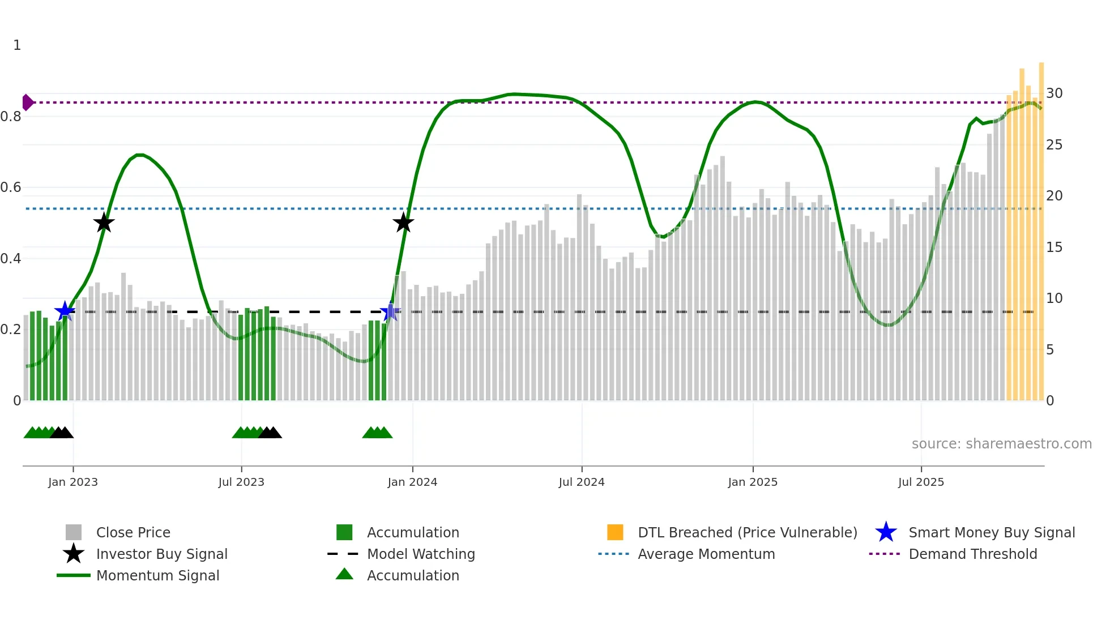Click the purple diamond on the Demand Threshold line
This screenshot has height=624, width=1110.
click(x=27, y=102)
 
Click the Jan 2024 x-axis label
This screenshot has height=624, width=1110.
click(x=412, y=482)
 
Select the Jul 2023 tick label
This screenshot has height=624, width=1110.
click(x=241, y=482)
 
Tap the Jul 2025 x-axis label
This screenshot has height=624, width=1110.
click(x=921, y=482)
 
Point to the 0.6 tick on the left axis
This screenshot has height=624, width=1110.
click(x=11, y=187)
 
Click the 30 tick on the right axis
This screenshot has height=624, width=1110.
click(x=1054, y=93)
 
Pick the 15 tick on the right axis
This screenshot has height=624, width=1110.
click(x=1054, y=247)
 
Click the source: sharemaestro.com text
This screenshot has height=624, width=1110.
click(x=1001, y=444)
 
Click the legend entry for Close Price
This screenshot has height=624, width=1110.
click(x=133, y=533)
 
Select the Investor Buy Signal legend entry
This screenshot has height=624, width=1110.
click(x=161, y=554)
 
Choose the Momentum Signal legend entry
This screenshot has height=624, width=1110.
click(x=157, y=576)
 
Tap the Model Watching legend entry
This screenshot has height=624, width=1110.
click(x=421, y=554)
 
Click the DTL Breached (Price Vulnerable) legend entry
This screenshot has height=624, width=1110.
click(x=747, y=533)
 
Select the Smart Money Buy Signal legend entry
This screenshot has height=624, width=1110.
click(x=991, y=533)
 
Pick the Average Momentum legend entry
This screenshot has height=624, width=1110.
click(x=706, y=554)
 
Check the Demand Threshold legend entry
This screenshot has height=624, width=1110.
click(x=972, y=554)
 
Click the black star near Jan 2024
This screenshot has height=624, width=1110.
click(x=403, y=223)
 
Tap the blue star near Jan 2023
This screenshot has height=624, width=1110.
click(x=65, y=311)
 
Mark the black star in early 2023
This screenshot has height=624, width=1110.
click(x=104, y=223)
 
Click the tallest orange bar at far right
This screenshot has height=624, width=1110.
click(x=1041, y=226)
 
